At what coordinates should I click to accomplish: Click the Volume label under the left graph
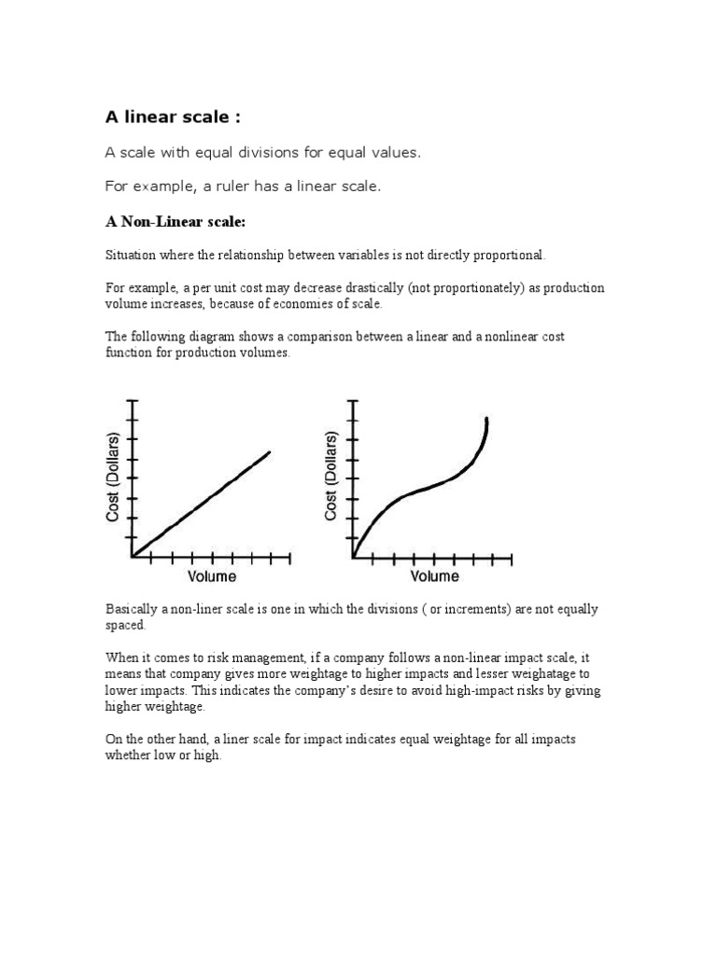pyautogui.click(x=212, y=576)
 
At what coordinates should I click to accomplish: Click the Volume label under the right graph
pyautogui.click(x=433, y=576)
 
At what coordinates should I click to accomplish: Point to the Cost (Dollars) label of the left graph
pyautogui.click(x=113, y=477)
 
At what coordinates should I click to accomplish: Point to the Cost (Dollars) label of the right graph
pyautogui.click(x=331, y=477)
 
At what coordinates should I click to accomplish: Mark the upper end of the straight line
pyautogui.click(x=270, y=452)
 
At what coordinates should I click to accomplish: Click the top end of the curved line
pyautogui.click(x=486, y=420)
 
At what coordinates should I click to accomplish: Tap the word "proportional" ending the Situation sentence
pyautogui.click(x=509, y=255)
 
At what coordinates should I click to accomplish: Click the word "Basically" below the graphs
pyautogui.click(x=132, y=609)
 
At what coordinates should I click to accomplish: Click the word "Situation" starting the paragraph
pyautogui.click(x=131, y=255)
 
